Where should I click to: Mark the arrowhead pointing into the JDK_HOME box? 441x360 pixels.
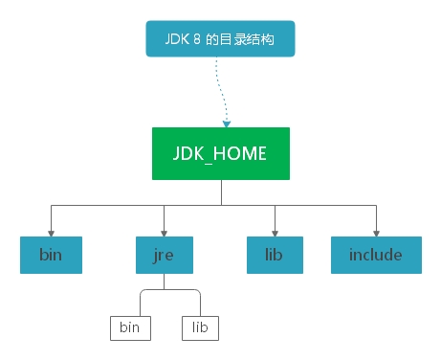tap(228, 123)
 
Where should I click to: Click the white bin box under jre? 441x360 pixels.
tap(128, 327)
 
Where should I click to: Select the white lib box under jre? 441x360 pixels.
tap(200, 327)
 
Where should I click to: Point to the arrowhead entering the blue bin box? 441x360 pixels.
tap(52, 231)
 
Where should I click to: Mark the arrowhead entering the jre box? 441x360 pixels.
tap(165, 231)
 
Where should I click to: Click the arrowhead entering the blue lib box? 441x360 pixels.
tap(276, 231)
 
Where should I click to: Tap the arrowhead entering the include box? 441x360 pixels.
tap(376, 231)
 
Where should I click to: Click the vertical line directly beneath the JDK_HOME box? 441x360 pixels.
tap(221, 192)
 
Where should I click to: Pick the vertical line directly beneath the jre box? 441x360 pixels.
tap(164, 281)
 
